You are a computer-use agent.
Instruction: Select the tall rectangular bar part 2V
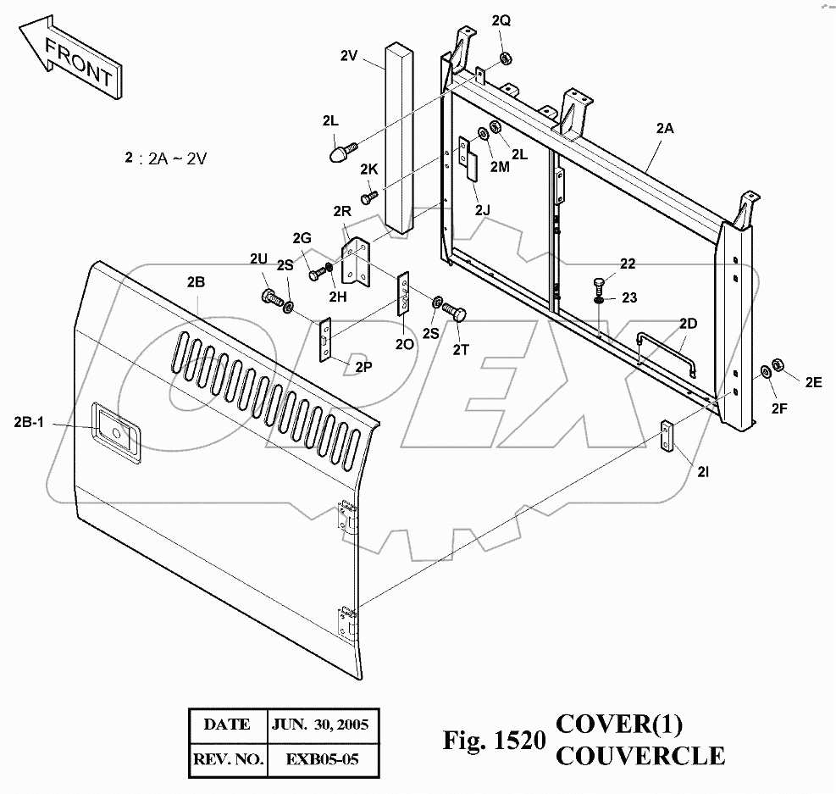[400, 136]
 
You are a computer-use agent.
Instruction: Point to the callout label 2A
[665, 129]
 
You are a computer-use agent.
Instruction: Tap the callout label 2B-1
[29, 423]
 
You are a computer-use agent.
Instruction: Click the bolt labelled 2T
[456, 314]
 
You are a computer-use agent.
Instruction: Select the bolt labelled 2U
[269, 298]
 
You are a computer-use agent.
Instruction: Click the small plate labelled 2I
[669, 436]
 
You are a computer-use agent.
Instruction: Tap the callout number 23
[628, 297]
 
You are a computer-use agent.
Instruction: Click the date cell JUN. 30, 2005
[320, 725]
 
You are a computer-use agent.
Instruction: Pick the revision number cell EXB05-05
[320, 758]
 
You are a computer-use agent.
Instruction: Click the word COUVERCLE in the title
[639, 754]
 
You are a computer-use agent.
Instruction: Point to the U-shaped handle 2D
[666, 347]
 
